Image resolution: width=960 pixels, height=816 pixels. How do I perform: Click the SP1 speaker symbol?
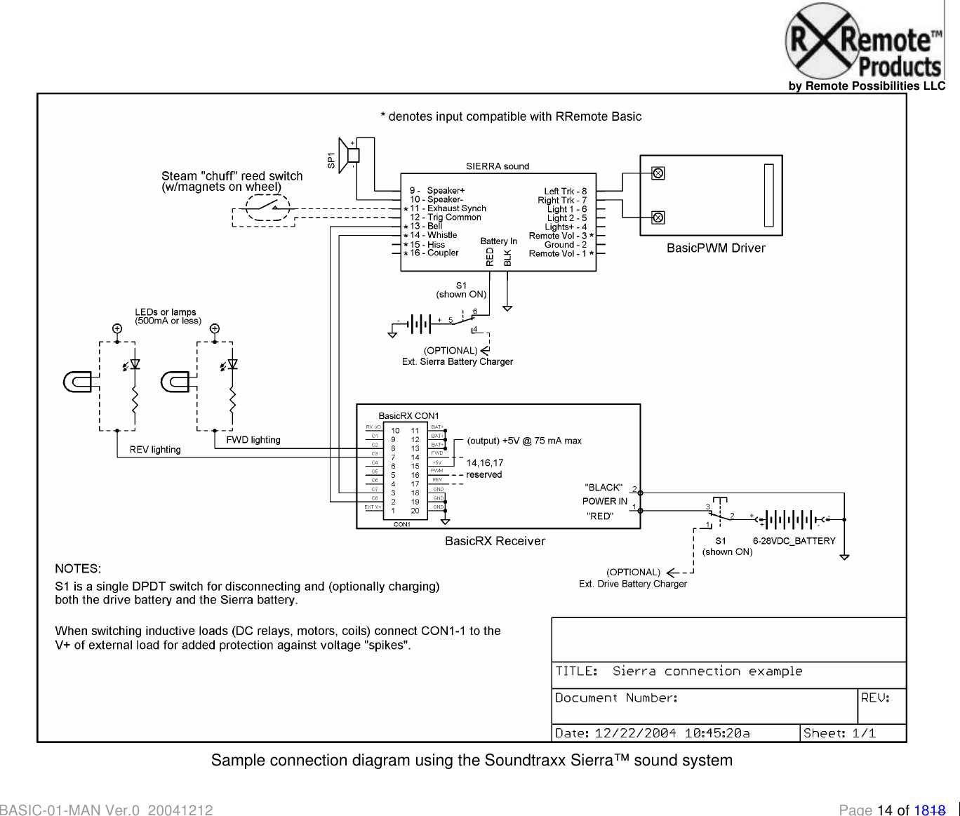pyautogui.click(x=349, y=155)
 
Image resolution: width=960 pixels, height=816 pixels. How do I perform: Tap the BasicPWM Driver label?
pyautogui.click(x=715, y=248)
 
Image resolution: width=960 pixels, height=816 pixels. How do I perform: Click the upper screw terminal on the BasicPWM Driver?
pyautogui.click(x=658, y=173)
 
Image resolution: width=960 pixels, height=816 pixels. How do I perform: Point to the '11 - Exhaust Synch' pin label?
pyautogui.click(x=448, y=208)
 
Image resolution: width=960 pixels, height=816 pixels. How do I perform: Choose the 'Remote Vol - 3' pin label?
pyautogui.click(x=558, y=236)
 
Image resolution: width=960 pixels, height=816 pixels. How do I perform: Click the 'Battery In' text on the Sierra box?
pyautogui.click(x=498, y=241)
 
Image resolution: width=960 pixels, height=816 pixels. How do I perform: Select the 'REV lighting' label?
pyautogui.click(x=155, y=450)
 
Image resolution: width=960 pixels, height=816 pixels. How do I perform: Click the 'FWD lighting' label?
pyautogui.click(x=253, y=440)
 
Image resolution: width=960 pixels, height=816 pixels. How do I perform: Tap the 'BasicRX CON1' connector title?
pyautogui.click(x=408, y=416)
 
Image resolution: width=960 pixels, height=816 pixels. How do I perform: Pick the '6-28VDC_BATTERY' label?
pyautogui.click(x=794, y=541)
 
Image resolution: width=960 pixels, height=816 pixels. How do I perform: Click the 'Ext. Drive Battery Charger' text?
pyautogui.click(x=632, y=584)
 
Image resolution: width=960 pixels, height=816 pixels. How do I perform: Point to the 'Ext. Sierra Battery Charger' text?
pyautogui.click(x=457, y=362)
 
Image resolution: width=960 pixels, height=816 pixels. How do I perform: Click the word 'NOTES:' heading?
pyautogui.click(x=78, y=568)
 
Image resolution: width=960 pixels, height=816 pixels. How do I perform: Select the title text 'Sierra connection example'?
pyautogui.click(x=707, y=671)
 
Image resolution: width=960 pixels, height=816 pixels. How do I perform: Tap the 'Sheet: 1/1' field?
pyautogui.click(x=839, y=733)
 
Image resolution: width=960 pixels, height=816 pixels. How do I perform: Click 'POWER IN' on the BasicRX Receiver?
pyautogui.click(x=604, y=501)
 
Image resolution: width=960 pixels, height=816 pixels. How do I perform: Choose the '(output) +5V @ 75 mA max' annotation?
pyautogui.click(x=524, y=441)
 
